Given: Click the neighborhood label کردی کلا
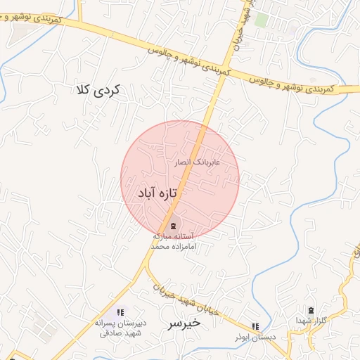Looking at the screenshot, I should tap(98, 90).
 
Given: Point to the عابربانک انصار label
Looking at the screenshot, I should tap(197, 162).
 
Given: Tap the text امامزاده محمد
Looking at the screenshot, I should tap(174, 247).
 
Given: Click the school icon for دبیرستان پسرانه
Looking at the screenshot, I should tap(120, 311).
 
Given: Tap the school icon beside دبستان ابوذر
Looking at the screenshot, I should tap(255, 326).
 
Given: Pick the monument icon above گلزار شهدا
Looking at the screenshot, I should tap(311, 310).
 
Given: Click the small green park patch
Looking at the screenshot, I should tap(261, 20).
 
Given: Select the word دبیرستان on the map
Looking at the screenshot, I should tap(130, 323).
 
